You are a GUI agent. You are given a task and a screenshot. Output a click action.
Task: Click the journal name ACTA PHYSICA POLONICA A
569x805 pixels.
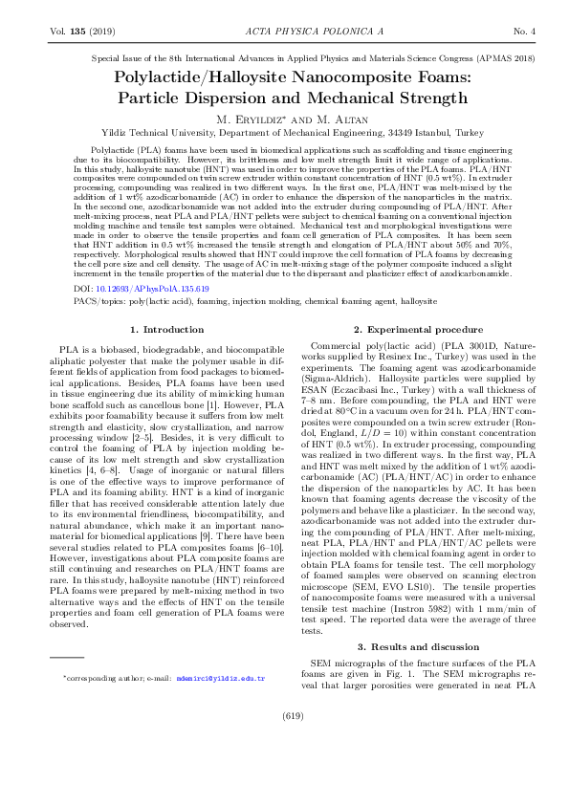point(284,32)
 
